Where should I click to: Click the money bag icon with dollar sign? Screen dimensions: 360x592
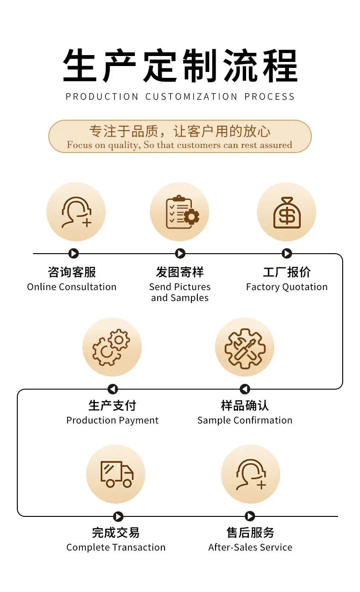coord(287,212)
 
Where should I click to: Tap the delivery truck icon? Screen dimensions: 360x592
coord(117,475)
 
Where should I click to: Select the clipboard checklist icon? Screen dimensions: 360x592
coord(182,212)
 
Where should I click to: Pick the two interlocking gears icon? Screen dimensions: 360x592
coord(111,347)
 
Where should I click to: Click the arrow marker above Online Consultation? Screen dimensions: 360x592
coord(73,254)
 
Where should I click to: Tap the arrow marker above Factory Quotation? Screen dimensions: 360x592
coord(287,254)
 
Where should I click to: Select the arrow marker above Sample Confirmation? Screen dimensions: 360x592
coord(245,389)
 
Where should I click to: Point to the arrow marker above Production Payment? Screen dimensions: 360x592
coord(113,389)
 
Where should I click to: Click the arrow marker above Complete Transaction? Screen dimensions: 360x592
coord(118,516)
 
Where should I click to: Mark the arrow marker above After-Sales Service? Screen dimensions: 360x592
coord(250,516)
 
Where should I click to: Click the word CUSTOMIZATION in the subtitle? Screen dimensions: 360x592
coord(191,97)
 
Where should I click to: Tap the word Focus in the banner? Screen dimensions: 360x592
coord(78,145)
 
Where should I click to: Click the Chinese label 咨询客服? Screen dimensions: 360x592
coord(72,272)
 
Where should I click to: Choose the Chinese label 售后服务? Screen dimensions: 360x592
coord(250,532)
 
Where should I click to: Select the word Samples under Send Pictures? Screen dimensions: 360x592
coord(190,298)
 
